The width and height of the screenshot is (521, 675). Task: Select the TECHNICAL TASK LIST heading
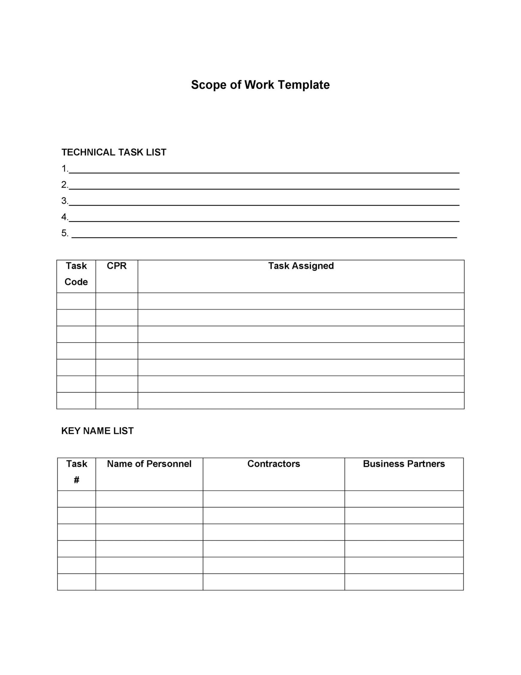114,152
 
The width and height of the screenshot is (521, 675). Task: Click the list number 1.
64,169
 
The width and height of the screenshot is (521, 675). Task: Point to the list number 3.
64,201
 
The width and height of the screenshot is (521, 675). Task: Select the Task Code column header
76,274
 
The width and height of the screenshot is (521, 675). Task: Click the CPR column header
117,266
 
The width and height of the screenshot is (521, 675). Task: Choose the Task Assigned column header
301,266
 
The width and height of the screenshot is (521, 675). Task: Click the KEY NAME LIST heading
97,431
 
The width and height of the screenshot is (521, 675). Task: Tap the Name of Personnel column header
149,463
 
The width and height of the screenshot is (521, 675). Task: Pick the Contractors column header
274,463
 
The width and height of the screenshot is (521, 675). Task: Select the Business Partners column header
404,463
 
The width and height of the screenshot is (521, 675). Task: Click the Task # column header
76,472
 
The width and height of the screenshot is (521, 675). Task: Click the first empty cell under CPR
117,301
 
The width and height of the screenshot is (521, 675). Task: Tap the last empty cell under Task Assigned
301,400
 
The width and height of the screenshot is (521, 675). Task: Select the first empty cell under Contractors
274,499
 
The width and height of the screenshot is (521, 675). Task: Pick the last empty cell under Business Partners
404,582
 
